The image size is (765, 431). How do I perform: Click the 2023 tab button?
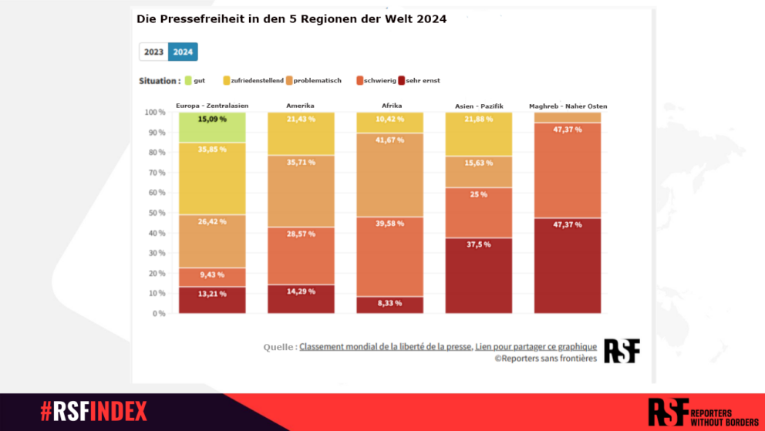(x=153, y=52)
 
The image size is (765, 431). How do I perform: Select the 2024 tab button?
(x=183, y=52)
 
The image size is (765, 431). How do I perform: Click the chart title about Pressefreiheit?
(x=292, y=19)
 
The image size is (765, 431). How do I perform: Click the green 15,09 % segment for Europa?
(x=212, y=127)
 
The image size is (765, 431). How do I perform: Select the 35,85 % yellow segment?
(x=212, y=177)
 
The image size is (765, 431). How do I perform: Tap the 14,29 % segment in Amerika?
(x=301, y=299)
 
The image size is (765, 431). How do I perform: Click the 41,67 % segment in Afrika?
(x=389, y=176)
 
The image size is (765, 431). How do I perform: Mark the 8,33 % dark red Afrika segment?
(x=389, y=305)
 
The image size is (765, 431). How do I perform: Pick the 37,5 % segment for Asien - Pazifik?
(x=478, y=275)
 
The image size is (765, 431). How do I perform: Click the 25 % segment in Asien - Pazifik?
(x=478, y=212)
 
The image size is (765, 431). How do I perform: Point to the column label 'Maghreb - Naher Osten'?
(x=568, y=106)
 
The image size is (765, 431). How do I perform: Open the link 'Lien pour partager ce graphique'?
(x=535, y=347)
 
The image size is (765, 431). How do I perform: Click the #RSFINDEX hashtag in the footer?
(x=93, y=412)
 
